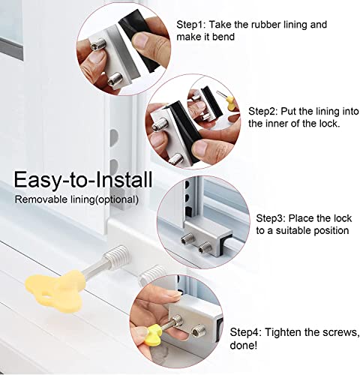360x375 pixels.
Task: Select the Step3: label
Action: (x=271, y=217)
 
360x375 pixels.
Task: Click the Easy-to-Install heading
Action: (x=82, y=180)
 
